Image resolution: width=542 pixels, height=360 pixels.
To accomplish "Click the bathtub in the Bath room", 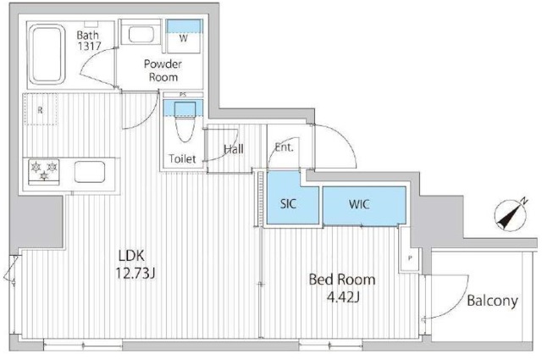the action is point(47,54).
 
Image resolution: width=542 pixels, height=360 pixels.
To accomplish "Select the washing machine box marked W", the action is point(184,36).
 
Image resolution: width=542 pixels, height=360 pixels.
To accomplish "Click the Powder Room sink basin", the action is point(141,34).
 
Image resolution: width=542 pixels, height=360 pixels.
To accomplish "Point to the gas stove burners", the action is point(44,171).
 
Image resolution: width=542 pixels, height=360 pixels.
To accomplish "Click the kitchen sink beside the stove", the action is point(90,172).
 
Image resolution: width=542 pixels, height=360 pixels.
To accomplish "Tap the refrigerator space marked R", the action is point(41,109).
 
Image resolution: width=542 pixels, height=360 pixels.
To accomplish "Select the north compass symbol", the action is point(511,215).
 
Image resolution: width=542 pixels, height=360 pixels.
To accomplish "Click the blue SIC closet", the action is point(292,198).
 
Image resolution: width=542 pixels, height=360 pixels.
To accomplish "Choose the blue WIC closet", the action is point(364,206).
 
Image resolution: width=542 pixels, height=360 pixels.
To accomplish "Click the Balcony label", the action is point(492,301).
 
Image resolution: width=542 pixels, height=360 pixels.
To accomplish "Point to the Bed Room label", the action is point(342,280).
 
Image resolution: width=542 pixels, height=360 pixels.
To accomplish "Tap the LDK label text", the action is point(131,256).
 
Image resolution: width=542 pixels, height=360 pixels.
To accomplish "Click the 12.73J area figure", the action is point(135,274).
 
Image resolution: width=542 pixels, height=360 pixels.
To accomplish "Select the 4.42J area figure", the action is point(343,297).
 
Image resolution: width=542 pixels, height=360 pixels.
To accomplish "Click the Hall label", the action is point(234,149).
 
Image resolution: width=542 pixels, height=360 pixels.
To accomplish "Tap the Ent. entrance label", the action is point(284,147).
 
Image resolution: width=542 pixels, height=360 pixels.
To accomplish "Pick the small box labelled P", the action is point(410,258).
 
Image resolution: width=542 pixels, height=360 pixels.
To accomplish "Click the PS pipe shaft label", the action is point(183,95).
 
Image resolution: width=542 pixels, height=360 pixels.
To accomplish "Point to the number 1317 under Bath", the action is point(90,46).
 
